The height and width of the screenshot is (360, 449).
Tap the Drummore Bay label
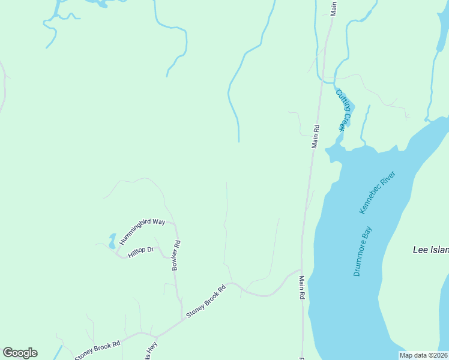(363, 251)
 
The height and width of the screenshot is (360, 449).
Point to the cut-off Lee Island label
(431, 250)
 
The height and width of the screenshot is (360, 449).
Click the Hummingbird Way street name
(142, 231)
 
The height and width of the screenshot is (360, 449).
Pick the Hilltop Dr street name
(141, 251)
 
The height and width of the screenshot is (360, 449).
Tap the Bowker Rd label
(176, 256)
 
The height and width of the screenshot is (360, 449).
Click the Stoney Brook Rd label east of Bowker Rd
(205, 301)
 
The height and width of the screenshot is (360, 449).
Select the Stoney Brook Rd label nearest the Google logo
(98, 350)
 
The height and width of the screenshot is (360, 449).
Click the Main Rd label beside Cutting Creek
(316, 136)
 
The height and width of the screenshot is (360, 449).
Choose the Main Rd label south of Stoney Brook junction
(303, 288)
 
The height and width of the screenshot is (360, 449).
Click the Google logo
(20, 353)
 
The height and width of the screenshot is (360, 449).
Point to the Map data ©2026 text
(423, 355)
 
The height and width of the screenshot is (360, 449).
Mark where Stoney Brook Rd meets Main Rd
(301, 271)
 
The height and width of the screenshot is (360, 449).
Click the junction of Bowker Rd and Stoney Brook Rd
(182, 319)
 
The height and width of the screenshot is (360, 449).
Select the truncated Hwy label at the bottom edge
(149, 351)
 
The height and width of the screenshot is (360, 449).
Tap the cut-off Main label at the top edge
(334, 7)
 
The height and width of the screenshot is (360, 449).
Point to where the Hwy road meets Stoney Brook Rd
(155, 336)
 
